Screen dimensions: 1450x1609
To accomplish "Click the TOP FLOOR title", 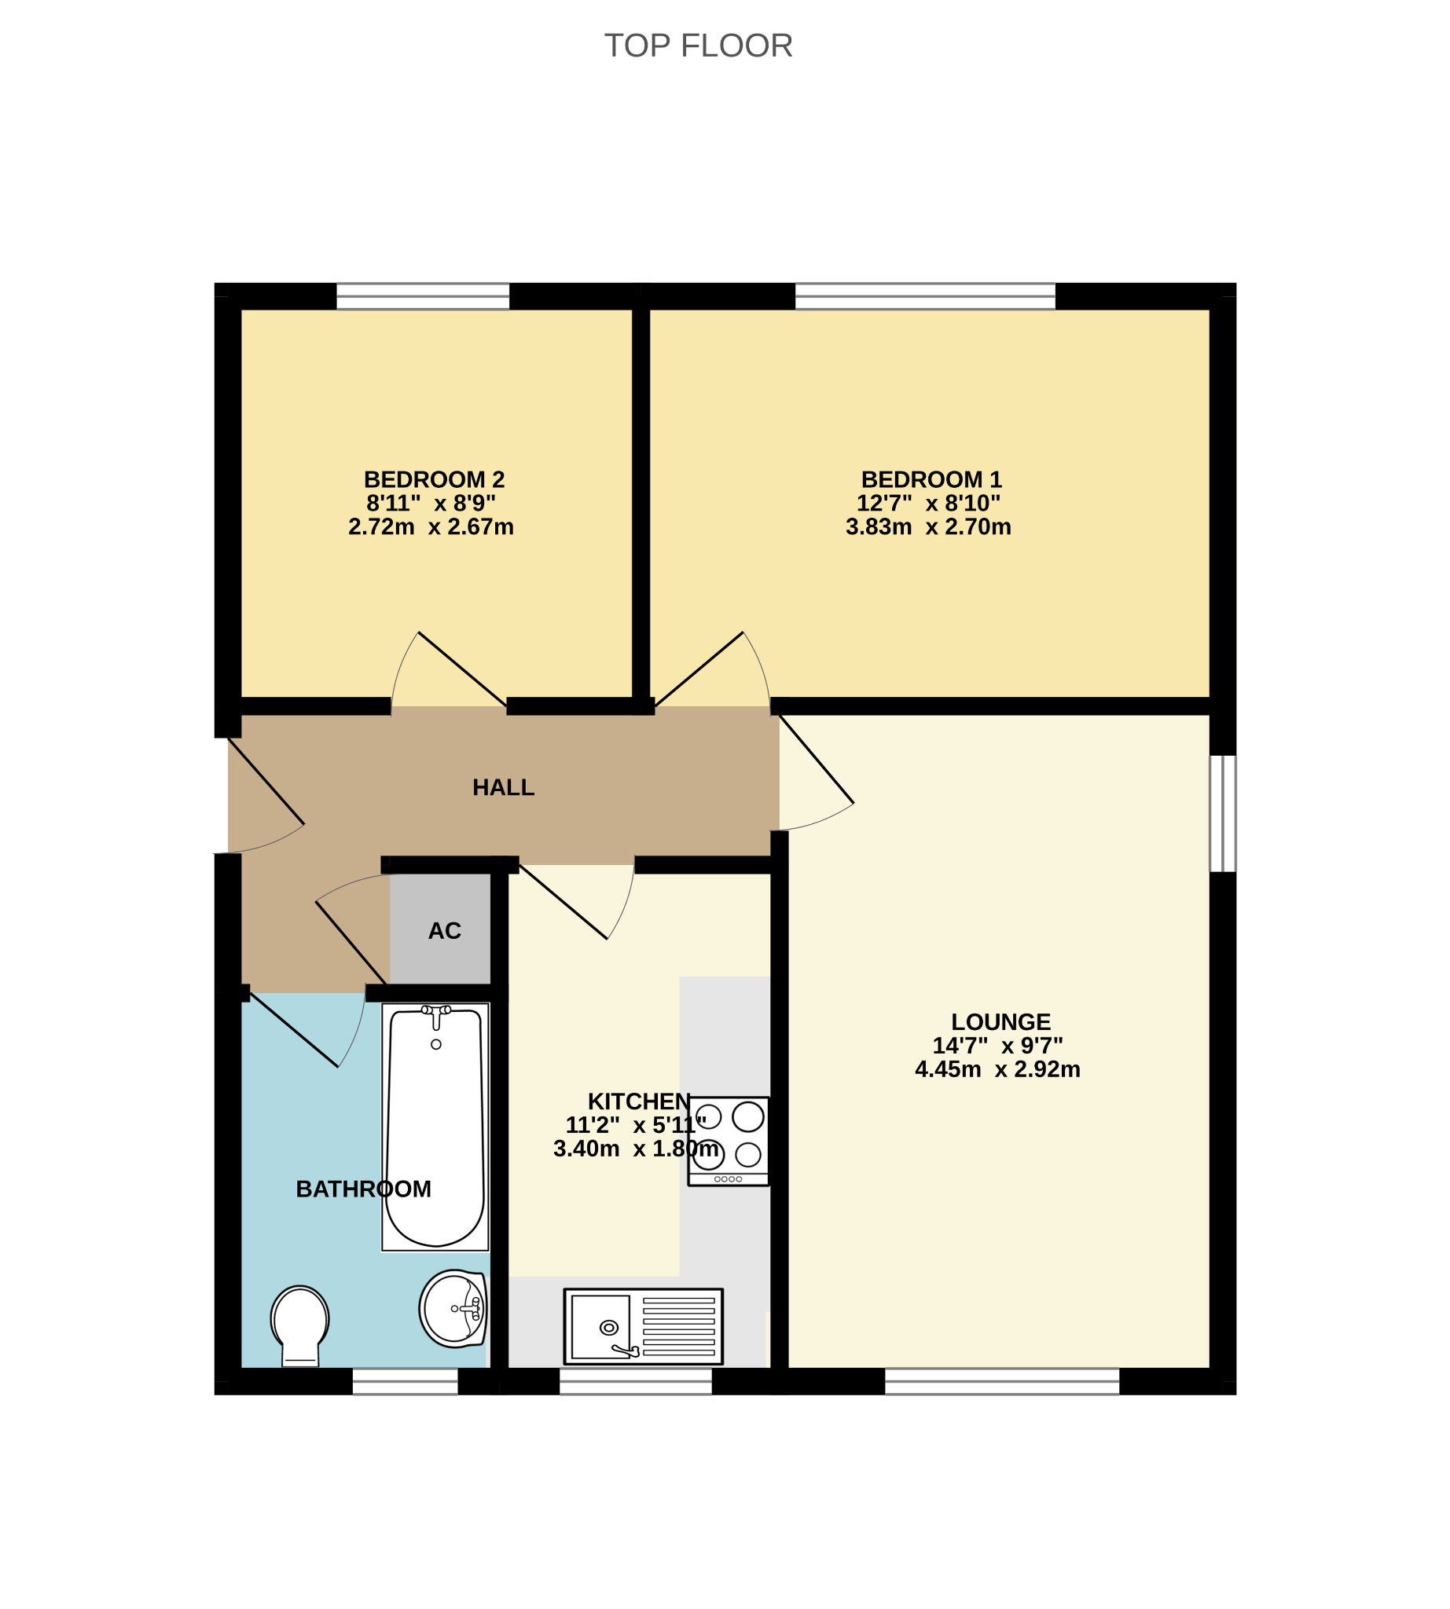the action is click(698, 46).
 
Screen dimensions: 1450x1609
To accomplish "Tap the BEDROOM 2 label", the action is click(434, 479).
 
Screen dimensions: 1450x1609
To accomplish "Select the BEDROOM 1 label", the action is click(931, 479).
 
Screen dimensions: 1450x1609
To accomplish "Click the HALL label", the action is click(503, 787).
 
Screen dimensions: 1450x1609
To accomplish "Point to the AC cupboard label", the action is click(445, 930).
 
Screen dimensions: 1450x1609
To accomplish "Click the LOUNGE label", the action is click(1000, 1022).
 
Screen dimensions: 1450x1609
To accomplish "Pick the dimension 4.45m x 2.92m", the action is click(997, 1069).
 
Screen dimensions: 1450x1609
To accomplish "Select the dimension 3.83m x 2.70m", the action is click(928, 526).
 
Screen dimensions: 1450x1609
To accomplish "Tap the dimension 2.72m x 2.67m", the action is click(431, 526).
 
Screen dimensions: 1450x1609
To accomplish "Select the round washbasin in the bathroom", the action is click(453, 1309).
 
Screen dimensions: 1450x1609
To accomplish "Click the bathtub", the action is click(435, 1127).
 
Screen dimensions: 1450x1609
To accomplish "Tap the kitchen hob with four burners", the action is click(729, 1141).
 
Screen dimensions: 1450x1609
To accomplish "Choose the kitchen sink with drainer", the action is click(643, 1326).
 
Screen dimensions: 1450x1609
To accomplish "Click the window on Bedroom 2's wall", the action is click(423, 296).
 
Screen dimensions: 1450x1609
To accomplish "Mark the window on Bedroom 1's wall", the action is click(925, 296).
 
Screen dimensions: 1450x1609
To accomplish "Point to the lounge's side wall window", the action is click(1223, 813).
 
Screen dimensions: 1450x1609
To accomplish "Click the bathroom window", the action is click(406, 1381).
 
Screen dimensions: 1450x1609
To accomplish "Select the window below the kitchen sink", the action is click(636, 1381).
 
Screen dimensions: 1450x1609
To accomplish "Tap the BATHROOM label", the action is click(363, 1189).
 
